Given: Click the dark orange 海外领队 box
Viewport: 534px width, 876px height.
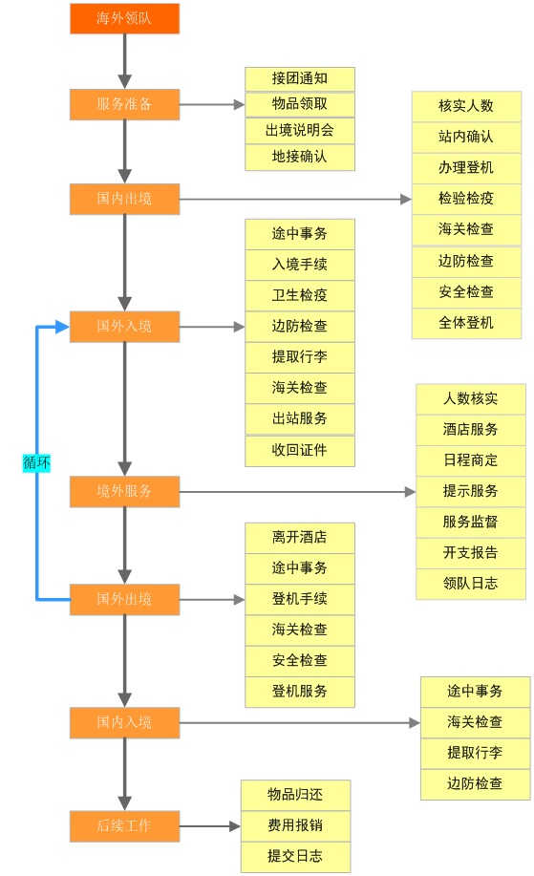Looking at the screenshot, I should click(x=124, y=19).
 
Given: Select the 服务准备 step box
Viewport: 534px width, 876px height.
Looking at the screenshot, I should click(x=124, y=104).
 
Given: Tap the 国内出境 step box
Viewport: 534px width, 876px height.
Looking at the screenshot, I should click(x=124, y=199).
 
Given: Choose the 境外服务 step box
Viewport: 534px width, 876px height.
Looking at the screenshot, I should click(x=124, y=492).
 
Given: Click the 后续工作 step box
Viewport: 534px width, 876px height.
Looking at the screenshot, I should click(x=124, y=825).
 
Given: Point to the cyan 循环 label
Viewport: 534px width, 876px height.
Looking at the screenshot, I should click(x=36, y=462).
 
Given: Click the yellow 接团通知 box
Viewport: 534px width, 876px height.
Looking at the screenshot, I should click(x=299, y=78).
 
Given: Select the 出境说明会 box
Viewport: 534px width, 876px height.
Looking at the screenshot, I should click(x=299, y=130).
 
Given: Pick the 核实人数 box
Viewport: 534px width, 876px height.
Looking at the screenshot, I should click(x=466, y=106).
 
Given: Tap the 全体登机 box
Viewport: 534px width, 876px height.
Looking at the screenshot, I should click(x=466, y=323).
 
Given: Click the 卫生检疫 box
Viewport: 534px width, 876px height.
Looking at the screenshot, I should click(x=299, y=295).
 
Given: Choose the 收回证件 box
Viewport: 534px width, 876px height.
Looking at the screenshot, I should click(x=299, y=450).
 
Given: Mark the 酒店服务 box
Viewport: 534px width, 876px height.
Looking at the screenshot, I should click(x=470, y=429).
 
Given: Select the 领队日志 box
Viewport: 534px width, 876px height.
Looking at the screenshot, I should click(x=470, y=583).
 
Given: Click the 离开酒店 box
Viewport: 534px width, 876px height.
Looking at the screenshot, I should click(x=299, y=537).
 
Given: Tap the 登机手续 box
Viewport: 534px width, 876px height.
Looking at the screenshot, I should click(x=299, y=599).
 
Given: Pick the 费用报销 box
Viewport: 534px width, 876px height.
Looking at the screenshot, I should click(x=295, y=825).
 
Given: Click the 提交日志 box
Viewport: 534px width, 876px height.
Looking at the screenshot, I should click(x=295, y=856).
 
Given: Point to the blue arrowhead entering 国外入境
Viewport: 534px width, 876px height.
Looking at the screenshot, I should click(x=62, y=327).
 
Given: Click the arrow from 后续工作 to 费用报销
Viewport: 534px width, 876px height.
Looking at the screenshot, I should click(x=210, y=826).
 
